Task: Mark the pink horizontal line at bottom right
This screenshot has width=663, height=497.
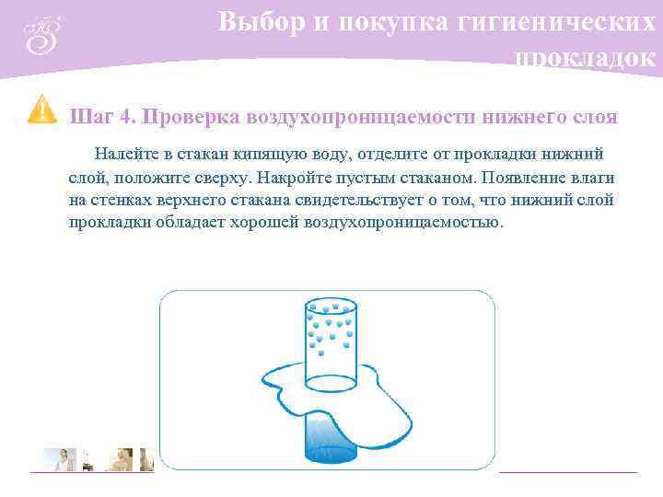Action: pos(567,472)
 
